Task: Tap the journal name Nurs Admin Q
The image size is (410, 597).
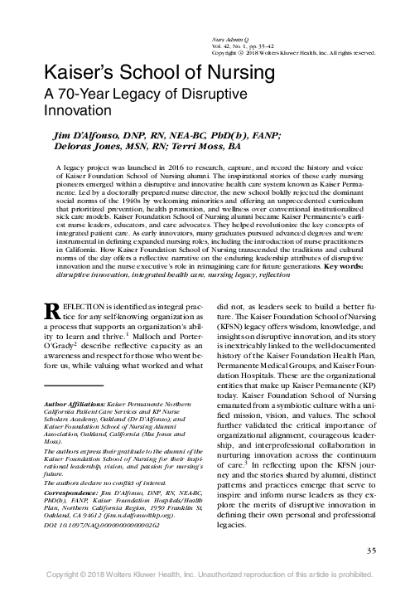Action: click(x=226, y=38)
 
